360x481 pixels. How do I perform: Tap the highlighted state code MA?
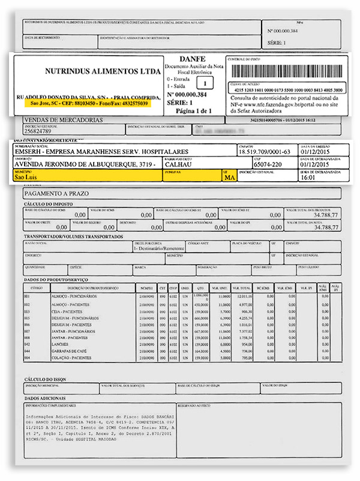click(228, 178)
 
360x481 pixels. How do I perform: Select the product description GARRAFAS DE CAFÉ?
click(71, 351)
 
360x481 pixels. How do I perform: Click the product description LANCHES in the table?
click(61, 345)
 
